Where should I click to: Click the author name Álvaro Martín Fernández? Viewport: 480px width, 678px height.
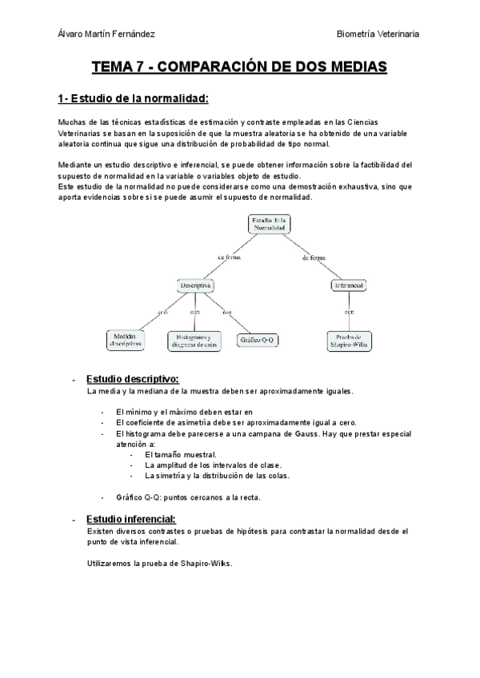[x=107, y=34]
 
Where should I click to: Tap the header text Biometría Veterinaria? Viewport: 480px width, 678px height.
[x=378, y=34]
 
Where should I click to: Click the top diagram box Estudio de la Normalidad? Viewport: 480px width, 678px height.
[x=269, y=224]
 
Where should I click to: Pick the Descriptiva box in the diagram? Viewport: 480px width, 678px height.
[x=195, y=285]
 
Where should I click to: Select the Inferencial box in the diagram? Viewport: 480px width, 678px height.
[x=348, y=285]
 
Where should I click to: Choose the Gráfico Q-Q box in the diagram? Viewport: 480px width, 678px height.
[x=258, y=339]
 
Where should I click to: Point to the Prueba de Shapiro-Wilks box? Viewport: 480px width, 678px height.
[x=349, y=340]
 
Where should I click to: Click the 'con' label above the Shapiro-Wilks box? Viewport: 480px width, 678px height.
[x=349, y=313]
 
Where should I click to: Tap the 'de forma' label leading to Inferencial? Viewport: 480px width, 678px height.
[x=314, y=257]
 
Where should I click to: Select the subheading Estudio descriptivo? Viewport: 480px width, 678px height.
[x=133, y=378]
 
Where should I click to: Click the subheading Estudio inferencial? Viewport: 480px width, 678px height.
[x=130, y=518]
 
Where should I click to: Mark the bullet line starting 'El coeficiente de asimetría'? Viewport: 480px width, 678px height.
[x=236, y=422]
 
